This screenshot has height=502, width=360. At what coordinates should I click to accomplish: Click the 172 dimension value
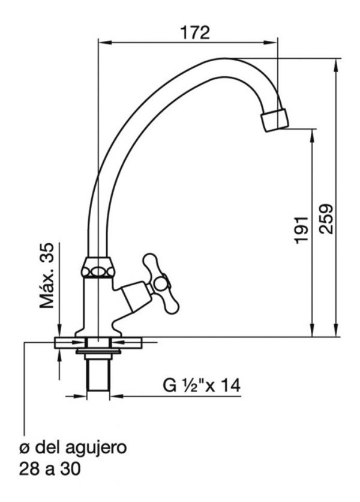coord(195,32)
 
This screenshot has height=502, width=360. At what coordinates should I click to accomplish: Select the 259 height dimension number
coord(327,219)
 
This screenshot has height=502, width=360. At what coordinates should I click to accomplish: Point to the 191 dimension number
coord(301,230)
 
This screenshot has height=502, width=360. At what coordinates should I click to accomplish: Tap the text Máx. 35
coord(47,276)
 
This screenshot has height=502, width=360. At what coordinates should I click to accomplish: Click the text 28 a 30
coord(50,470)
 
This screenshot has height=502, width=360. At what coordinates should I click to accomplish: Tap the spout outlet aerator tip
coord(275,120)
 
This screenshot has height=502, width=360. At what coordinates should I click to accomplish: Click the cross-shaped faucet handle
coord(161,283)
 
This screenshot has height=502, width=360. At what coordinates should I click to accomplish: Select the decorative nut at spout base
coord(98,267)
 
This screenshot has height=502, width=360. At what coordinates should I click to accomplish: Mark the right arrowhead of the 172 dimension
coord(271,42)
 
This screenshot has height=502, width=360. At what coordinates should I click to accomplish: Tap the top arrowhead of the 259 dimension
coord(335,65)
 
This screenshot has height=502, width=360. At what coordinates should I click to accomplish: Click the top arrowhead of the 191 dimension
coord(311,136)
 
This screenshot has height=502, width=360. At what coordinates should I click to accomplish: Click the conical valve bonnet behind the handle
coord(136,295)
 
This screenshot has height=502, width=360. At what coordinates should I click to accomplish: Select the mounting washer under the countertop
coord(98,351)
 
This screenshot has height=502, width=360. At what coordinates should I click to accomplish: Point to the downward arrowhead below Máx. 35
coord(59,330)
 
